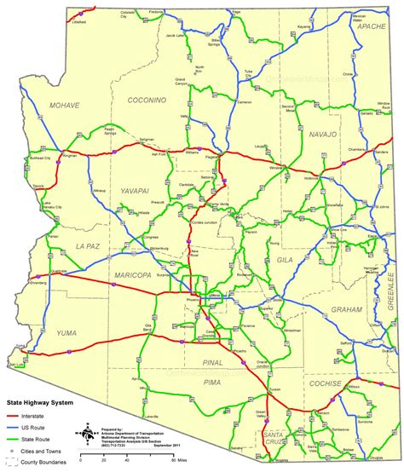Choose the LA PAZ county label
coord(66,245)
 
